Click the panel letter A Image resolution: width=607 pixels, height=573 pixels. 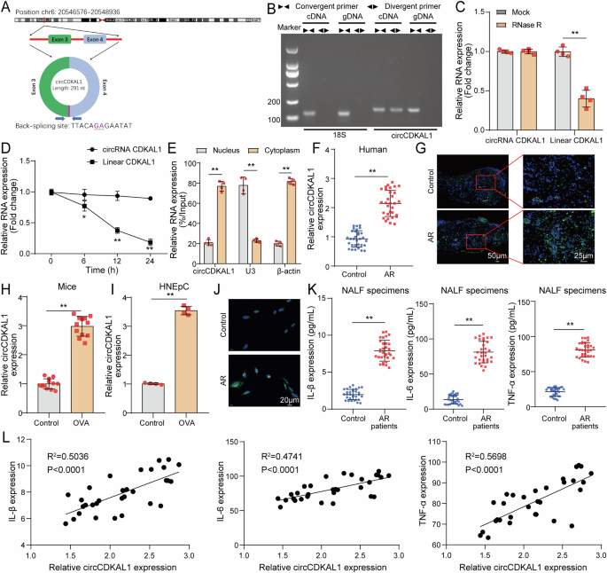pos(7,8)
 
